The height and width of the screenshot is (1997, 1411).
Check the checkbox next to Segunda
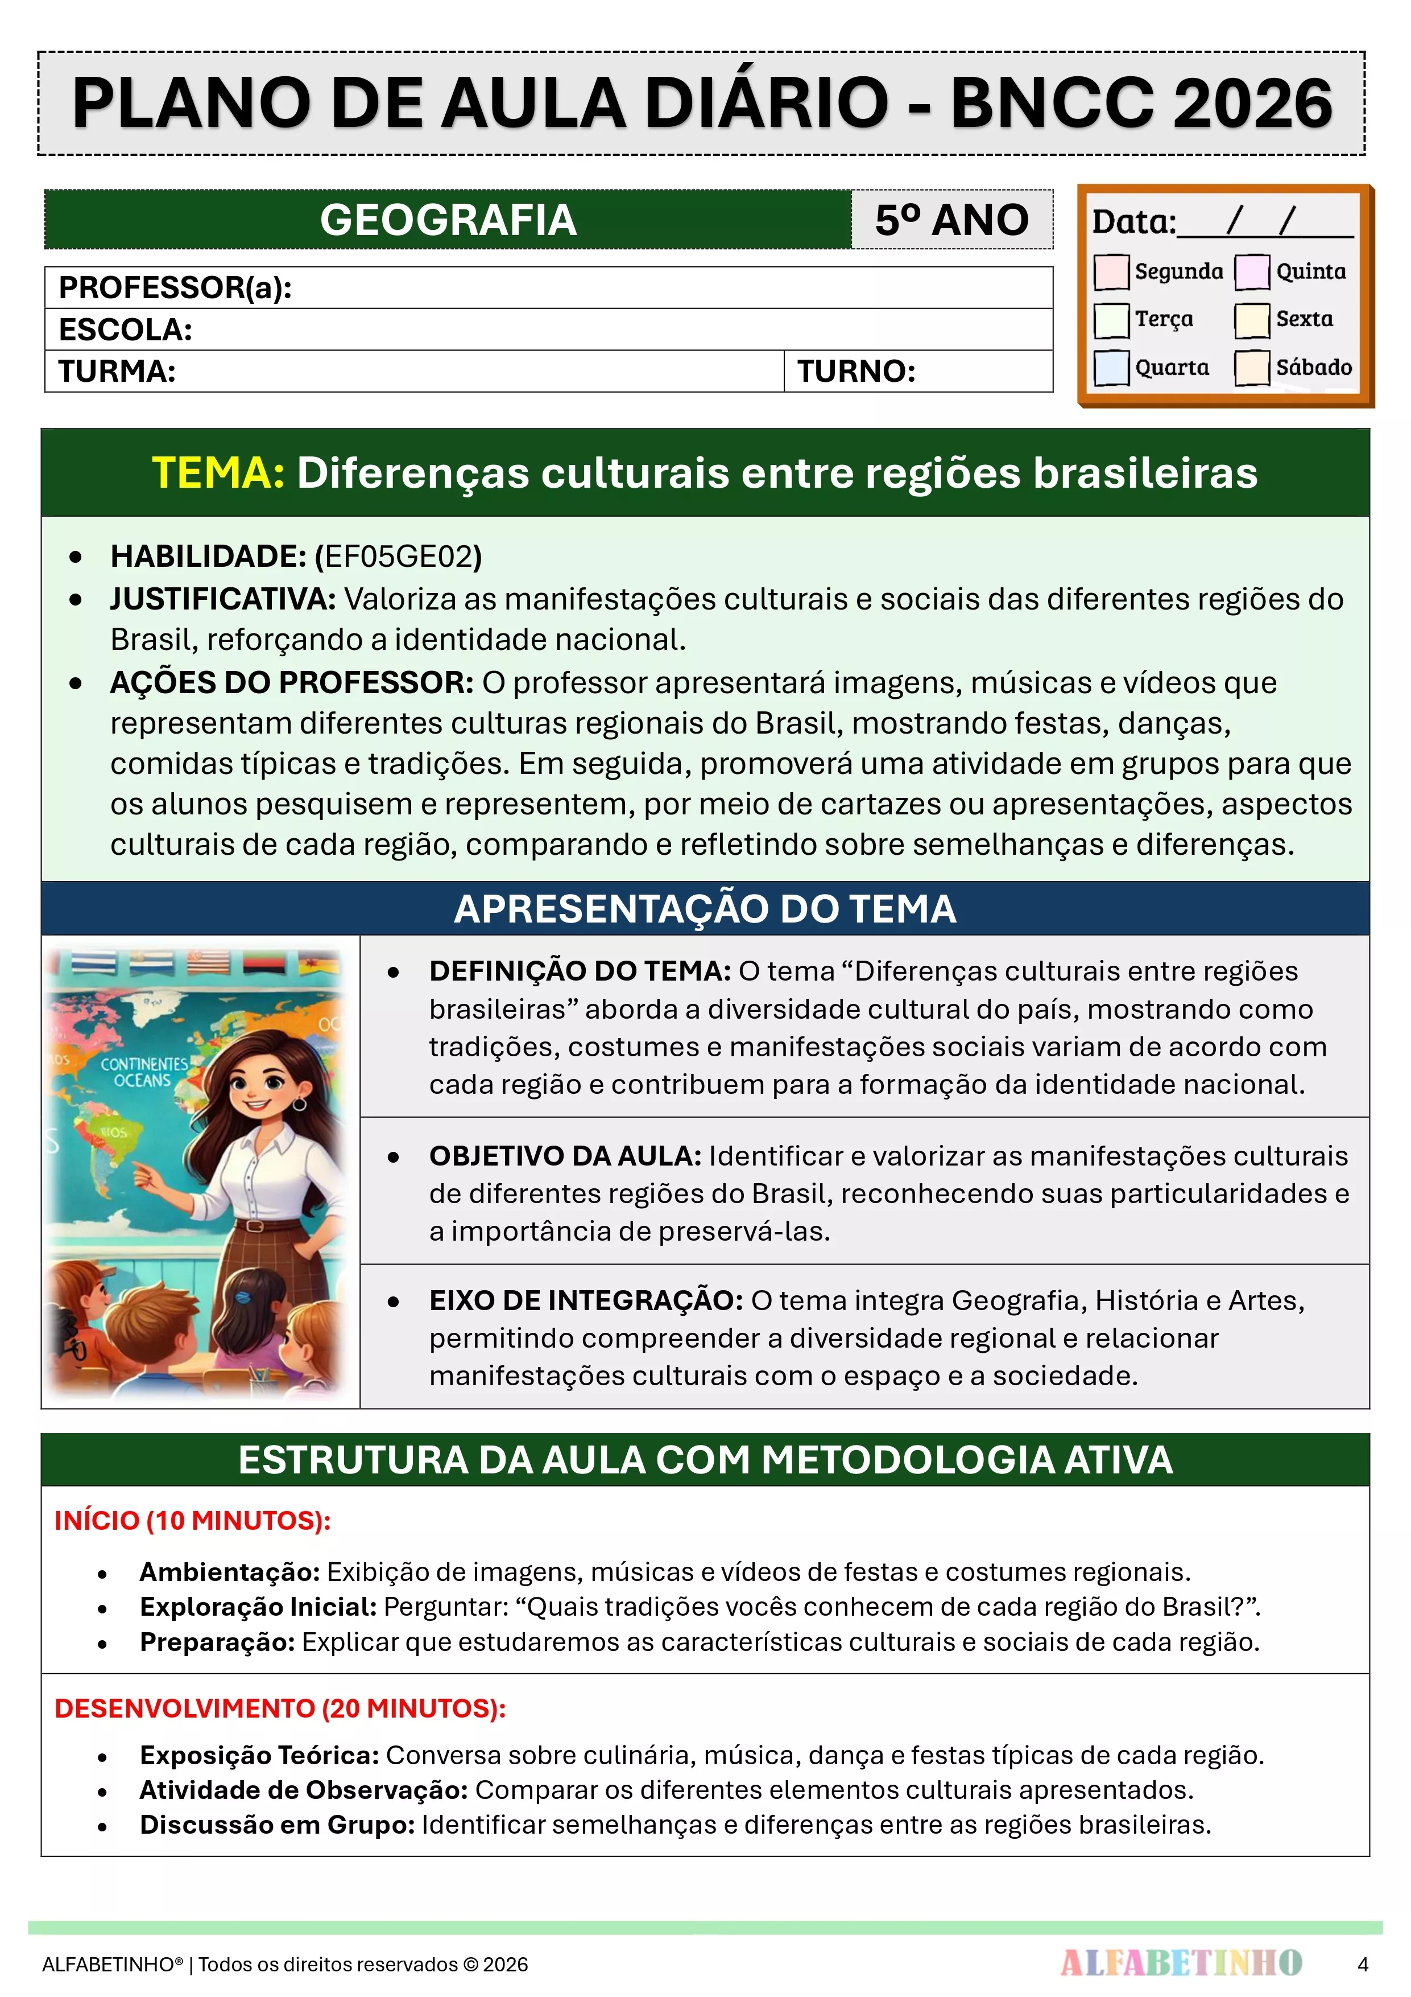coord(1111,271)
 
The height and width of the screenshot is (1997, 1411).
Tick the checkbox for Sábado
coord(1252,367)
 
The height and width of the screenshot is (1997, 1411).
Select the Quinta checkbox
coord(1252,271)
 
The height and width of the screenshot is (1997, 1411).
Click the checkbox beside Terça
coord(1111,319)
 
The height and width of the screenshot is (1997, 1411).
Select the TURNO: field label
coord(856,372)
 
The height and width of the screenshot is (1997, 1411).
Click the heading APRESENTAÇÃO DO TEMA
coord(705,909)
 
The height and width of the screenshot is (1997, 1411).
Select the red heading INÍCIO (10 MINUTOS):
coord(192,1520)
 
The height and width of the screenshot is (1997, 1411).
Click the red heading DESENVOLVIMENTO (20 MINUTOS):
coord(280,1708)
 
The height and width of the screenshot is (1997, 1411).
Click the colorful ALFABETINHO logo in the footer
coord(1181,1963)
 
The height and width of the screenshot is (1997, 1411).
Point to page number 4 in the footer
coord(1362,1964)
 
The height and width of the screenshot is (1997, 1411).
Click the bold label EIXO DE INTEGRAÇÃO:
coord(585,1300)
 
